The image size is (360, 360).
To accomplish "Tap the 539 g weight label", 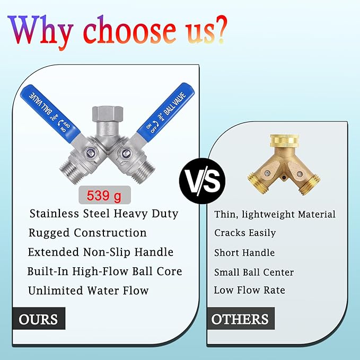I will (104, 196).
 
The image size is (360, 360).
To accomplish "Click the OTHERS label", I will (240, 319).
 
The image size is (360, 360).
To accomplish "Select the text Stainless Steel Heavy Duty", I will (104, 214).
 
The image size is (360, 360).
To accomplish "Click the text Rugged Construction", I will (87, 233).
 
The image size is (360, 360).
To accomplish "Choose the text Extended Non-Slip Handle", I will (101, 252).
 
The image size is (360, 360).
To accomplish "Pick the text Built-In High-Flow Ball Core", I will (105, 271).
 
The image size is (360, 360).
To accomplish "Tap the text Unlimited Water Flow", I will (89, 291).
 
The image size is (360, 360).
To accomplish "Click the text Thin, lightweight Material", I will (275, 214).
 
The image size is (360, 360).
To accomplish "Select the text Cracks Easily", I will (245, 233).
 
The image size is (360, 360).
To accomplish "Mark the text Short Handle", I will (244, 252).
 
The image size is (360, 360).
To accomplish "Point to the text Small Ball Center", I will (254, 272).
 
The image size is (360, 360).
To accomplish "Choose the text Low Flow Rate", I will (249, 290).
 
